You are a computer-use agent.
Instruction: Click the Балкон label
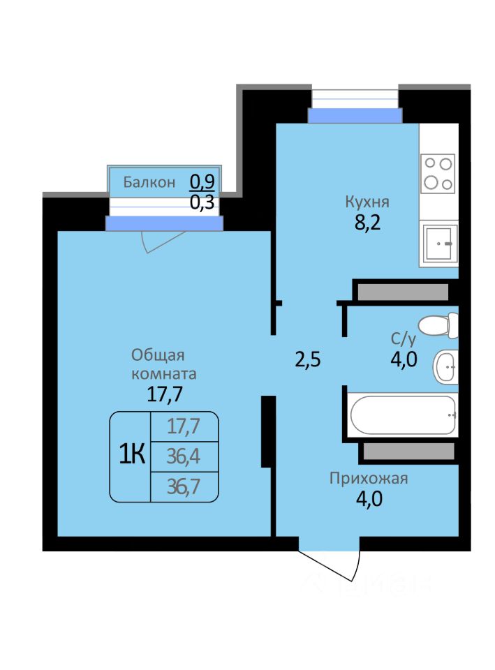pyautogui.click(x=149, y=182)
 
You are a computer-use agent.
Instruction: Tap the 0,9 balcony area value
pyautogui.click(x=202, y=182)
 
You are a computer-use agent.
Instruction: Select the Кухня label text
pyautogui.click(x=367, y=202)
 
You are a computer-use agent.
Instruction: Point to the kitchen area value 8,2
pyautogui.click(x=367, y=223)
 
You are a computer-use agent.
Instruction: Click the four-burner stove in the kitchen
pyautogui.click(x=438, y=174)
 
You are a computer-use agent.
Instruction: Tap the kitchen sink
pyautogui.click(x=440, y=243)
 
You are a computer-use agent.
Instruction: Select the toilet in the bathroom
pyautogui.click(x=438, y=325)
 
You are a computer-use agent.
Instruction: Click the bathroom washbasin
pyautogui.click(x=446, y=366)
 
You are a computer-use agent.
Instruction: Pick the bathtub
pyautogui.click(x=402, y=415)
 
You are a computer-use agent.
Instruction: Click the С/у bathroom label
pyautogui.click(x=403, y=339)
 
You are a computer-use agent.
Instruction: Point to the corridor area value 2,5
pyautogui.click(x=308, y=359)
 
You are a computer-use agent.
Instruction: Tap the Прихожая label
pyautogui.click(x=369, y=478)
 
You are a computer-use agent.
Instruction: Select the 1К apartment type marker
pyautogui.click(x=132, y=454)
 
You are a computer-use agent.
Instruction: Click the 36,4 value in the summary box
pyautogui.click(x=184, y=456)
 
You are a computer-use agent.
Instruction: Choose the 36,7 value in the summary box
pyautogui.click(x=184, y=486)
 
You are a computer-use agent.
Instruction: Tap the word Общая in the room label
pyautogui.click(x=158, y=355)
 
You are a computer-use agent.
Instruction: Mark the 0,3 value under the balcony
pyautogui.click(x=202, y=202)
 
